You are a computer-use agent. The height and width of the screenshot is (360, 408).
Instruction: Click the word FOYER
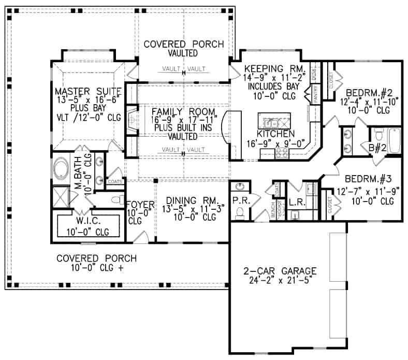point(136,204)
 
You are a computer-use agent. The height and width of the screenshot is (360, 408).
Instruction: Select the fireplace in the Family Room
point(132,120)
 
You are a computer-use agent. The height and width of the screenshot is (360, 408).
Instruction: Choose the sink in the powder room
point(239,187)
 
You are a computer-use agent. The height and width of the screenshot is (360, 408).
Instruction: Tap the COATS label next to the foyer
point(114,182)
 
